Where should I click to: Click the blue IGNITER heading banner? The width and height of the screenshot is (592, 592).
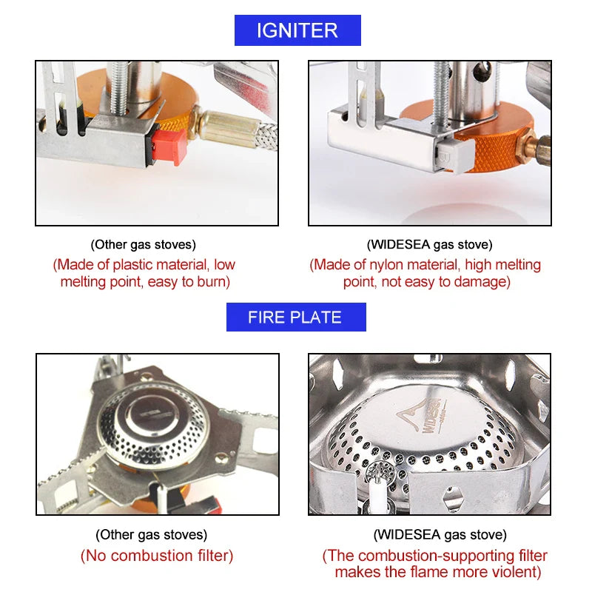pos(297,30)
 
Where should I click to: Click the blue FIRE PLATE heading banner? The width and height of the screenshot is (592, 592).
pos(295,317)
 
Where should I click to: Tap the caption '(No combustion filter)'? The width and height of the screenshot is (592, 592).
pos(157,556)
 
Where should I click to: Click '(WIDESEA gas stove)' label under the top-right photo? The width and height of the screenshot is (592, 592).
pos(429,245)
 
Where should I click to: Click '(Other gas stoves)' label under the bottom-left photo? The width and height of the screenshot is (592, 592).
pos(151,534)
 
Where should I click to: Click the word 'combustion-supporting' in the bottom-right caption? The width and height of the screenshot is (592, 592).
pos(423,556)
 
